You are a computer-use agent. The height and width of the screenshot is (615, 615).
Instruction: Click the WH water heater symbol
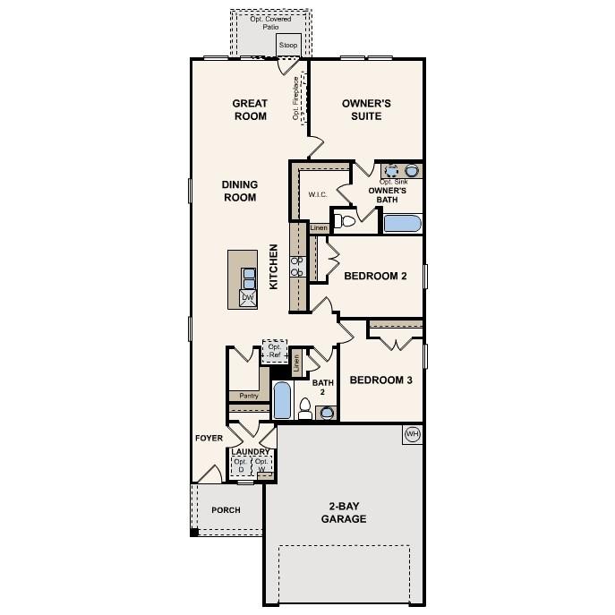point(412,434)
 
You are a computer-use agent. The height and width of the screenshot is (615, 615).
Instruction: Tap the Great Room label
point(251,109)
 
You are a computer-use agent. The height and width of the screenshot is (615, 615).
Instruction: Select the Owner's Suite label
point(362,109)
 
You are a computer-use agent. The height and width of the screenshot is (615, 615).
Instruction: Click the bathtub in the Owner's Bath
point(402,223)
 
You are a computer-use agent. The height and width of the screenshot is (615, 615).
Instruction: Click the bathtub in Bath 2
point(282,400)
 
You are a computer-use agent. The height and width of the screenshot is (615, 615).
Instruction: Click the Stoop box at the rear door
point(288,45)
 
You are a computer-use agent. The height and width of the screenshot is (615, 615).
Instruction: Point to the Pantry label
point(248,395)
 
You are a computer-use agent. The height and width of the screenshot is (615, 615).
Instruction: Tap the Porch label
point(226,510)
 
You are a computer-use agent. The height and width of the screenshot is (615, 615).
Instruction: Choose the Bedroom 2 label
point(375,277)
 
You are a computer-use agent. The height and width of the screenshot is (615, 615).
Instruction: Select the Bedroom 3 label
point(380,380)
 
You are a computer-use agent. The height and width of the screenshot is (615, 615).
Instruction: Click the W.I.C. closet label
point(317,194)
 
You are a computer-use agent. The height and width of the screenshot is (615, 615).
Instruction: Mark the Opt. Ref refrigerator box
point(274,351)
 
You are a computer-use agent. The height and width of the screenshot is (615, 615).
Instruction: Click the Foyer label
point(209,438)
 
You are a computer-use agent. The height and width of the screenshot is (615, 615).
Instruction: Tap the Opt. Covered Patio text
point(270,22)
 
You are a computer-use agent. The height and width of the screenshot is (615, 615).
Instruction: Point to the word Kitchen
point(275,266)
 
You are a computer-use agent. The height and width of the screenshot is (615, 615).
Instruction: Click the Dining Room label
point(239,191)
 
